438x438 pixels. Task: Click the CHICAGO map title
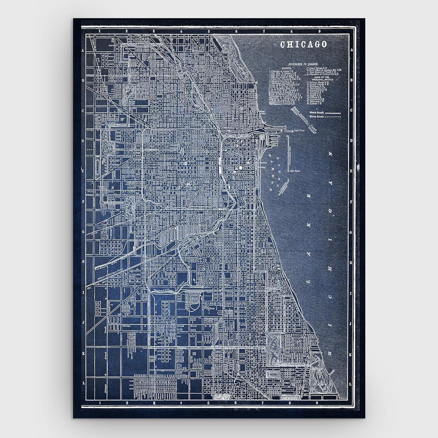[303, 44]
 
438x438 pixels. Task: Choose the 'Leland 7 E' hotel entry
[315, 103]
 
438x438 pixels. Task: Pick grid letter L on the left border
[83, 383]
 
